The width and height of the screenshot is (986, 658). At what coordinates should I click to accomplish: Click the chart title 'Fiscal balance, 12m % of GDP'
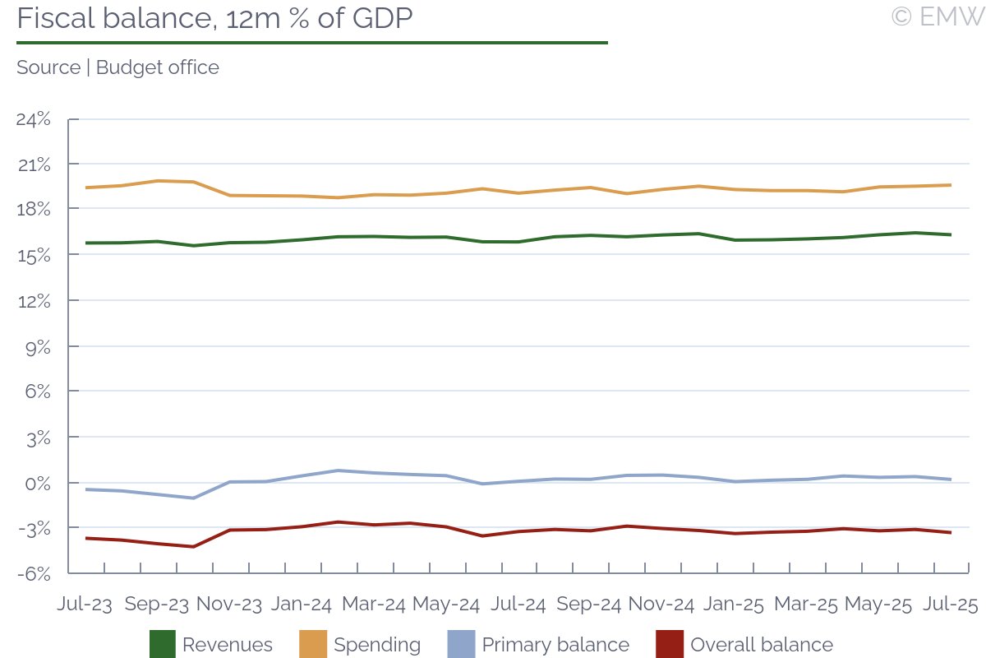pos(214,18)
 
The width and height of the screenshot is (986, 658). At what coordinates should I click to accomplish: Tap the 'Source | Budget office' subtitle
pos(117,67)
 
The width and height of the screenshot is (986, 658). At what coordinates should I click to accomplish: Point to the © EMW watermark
pos(938,16)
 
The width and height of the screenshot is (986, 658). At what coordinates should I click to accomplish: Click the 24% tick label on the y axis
pos(34,119)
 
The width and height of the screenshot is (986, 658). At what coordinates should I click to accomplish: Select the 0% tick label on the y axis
pos(38,483)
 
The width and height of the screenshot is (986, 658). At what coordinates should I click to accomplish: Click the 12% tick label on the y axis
pos(34,301)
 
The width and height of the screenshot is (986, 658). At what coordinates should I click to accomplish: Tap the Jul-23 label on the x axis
pos(85,605)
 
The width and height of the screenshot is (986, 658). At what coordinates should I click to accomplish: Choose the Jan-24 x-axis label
pos(302,605)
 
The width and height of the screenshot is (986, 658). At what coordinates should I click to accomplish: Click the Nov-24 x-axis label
pos(661,605)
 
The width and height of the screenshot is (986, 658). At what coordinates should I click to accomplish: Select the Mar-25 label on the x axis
pos(805,605)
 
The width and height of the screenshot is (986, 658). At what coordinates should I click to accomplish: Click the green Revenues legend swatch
pos(162,645)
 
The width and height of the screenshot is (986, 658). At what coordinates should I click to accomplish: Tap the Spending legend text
pos(377,645)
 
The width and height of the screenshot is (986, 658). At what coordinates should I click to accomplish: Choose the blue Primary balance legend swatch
pos(461,645)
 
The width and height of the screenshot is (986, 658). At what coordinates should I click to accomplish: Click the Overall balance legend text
pos(762,645)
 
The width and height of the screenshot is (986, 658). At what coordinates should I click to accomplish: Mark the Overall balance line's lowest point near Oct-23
pos(194,547)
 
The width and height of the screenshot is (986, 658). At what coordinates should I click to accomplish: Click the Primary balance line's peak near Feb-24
pos(338,470)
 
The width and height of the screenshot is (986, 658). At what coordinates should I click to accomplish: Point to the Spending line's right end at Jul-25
pos(951,185)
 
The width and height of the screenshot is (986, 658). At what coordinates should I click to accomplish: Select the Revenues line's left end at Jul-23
pos(85,243)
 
